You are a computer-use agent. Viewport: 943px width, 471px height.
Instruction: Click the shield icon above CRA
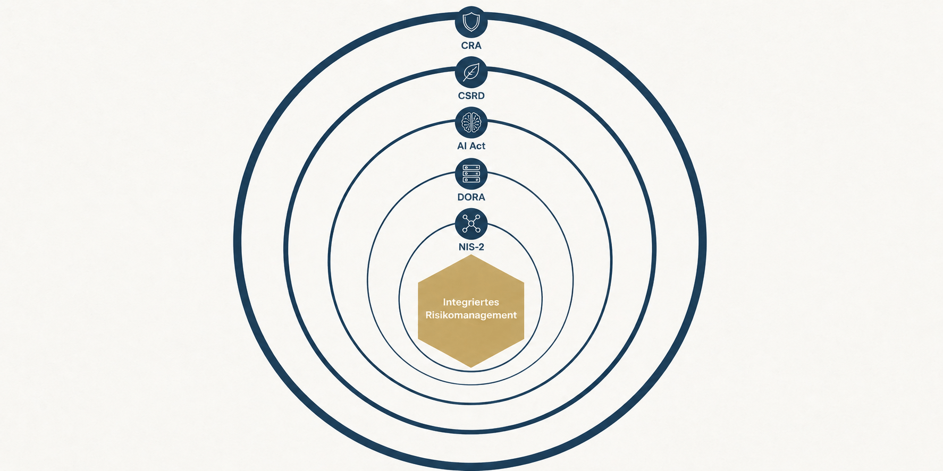tap(471, 22)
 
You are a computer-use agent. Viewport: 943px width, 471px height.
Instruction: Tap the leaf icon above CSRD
tap(471, 72)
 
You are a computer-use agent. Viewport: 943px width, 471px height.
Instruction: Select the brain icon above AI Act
tap(471, 123)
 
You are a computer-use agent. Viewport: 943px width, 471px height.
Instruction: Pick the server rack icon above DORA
tap(471, 174)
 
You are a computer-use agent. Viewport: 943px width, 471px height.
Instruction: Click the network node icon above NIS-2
tap(471, 224)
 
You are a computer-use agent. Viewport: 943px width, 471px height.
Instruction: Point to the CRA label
tap(471, 46)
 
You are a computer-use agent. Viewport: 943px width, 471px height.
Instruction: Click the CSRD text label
tap(471, 96)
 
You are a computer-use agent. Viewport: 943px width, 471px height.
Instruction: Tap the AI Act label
tap(471, 145)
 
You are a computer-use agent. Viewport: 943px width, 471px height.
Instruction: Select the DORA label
tap(471, 197)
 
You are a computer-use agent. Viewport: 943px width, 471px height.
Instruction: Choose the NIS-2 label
tap(471, 247)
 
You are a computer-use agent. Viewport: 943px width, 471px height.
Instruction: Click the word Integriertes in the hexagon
tap(471, 302)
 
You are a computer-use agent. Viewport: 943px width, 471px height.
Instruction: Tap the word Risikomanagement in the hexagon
tap(471, 315)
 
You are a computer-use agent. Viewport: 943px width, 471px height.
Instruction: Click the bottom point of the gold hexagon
tap(471, 367)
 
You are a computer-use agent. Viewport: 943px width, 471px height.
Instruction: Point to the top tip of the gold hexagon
tap(471, 255)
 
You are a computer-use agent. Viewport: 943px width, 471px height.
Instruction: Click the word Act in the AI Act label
tap(477, 145)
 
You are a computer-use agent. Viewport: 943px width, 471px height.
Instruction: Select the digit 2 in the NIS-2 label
tap(481, 247)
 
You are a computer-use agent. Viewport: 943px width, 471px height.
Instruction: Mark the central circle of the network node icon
tap(471, 224)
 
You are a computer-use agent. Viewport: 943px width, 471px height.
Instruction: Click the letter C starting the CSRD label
tap(461, 96)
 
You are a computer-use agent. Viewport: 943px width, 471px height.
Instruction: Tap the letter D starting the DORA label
tap(461, 197)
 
